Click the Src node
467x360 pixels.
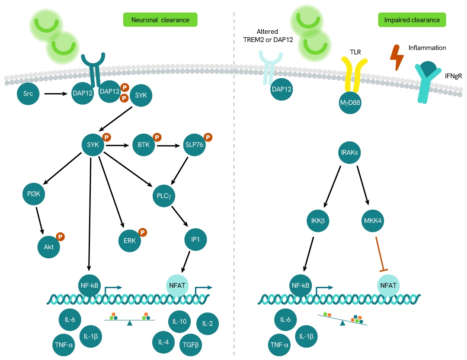pyautogui.click(x=29, y=93)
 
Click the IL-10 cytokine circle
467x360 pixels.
pyautogui.click(x=179, y=321)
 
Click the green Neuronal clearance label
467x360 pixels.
pyautogui.click(x=160, y=20)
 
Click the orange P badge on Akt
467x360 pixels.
pyautogui.click(x=61, y=237)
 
